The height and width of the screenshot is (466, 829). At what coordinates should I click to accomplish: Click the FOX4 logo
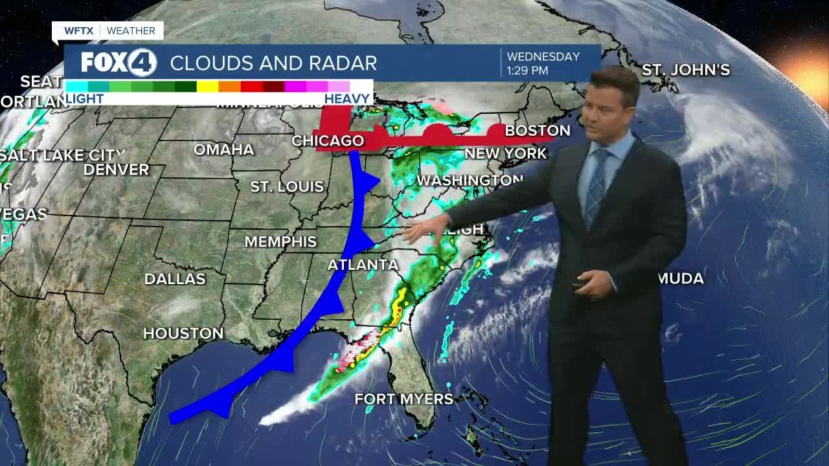119,63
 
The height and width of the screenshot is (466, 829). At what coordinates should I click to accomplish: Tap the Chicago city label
328,140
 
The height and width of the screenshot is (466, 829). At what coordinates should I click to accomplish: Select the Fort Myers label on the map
403,399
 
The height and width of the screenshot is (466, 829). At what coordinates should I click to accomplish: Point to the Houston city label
183,333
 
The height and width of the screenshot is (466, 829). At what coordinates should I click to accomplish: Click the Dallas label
175,279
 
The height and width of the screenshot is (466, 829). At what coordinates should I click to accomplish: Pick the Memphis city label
280,241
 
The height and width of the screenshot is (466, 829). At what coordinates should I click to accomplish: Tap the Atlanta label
363,265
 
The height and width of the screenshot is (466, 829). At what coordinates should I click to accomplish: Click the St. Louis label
287,187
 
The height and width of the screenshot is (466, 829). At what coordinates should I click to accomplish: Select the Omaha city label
224,150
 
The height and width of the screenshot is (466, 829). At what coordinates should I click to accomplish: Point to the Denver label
117,170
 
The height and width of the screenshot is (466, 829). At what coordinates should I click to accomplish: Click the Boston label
538,131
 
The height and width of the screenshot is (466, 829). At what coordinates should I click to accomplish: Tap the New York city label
506,154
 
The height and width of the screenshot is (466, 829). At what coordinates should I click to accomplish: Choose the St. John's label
686,70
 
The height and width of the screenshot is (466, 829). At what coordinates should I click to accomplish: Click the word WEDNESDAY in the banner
543,57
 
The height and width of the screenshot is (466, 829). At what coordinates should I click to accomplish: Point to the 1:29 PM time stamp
528,70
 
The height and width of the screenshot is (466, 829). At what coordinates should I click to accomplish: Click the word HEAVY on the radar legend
346,99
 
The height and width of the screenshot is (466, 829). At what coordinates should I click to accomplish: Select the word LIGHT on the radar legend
85,99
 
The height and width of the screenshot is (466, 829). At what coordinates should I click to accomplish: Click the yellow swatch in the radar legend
207,86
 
